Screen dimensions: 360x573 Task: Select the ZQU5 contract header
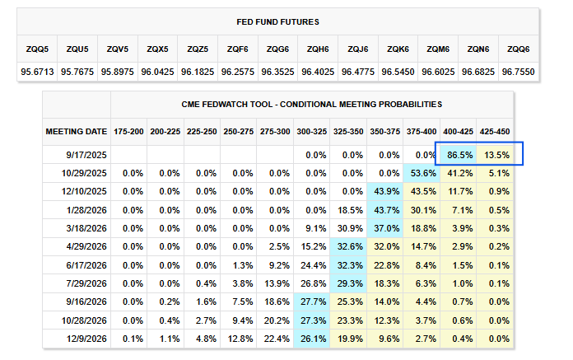coord(77,49)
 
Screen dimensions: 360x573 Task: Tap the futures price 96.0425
coord(157,72)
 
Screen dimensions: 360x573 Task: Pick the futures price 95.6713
coord(37,72)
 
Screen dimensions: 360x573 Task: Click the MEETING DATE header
coord(76,130)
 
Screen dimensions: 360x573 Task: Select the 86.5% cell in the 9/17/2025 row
coord(459,154)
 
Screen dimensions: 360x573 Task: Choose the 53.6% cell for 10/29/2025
coord(422,173)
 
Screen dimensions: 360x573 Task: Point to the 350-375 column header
coord(385,130)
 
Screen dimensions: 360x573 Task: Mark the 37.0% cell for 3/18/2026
coord(385,228)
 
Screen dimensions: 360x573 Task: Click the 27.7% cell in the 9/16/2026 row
coord(312,302)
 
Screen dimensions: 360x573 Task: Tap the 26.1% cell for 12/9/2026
coord(312,339)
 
